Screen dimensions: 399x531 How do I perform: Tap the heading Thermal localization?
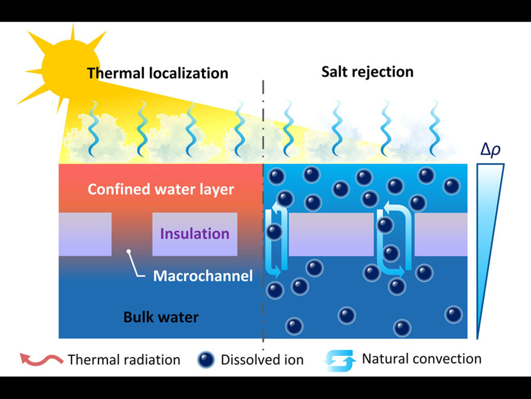[x=158, y=73]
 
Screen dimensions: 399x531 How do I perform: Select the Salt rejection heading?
[x=367, y=71]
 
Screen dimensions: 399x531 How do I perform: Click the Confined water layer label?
[x=161, y=189]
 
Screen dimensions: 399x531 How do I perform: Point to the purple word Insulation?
[x=194, y=234]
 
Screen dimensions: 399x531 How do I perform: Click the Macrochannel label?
[x=203, y=275]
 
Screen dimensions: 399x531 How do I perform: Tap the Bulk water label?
[x=161, y=316]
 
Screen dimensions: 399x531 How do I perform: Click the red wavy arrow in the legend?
[x=41, y=358]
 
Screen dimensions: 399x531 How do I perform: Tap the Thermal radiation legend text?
[x=124, y=360]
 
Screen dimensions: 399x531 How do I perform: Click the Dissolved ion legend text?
[x=262, y=360]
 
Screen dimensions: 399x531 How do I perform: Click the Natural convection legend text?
[x=422, y=358]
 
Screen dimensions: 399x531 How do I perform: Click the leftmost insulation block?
[x=85, y=234]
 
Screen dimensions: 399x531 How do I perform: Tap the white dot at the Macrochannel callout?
[x=129, y=252]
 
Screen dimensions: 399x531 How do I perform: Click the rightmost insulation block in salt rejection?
[x=440, y=234]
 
